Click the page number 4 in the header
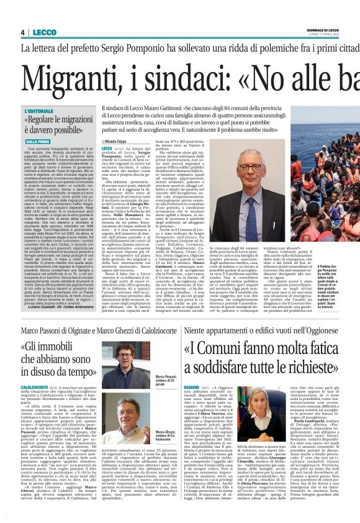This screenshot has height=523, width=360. (x=22, y=32)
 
